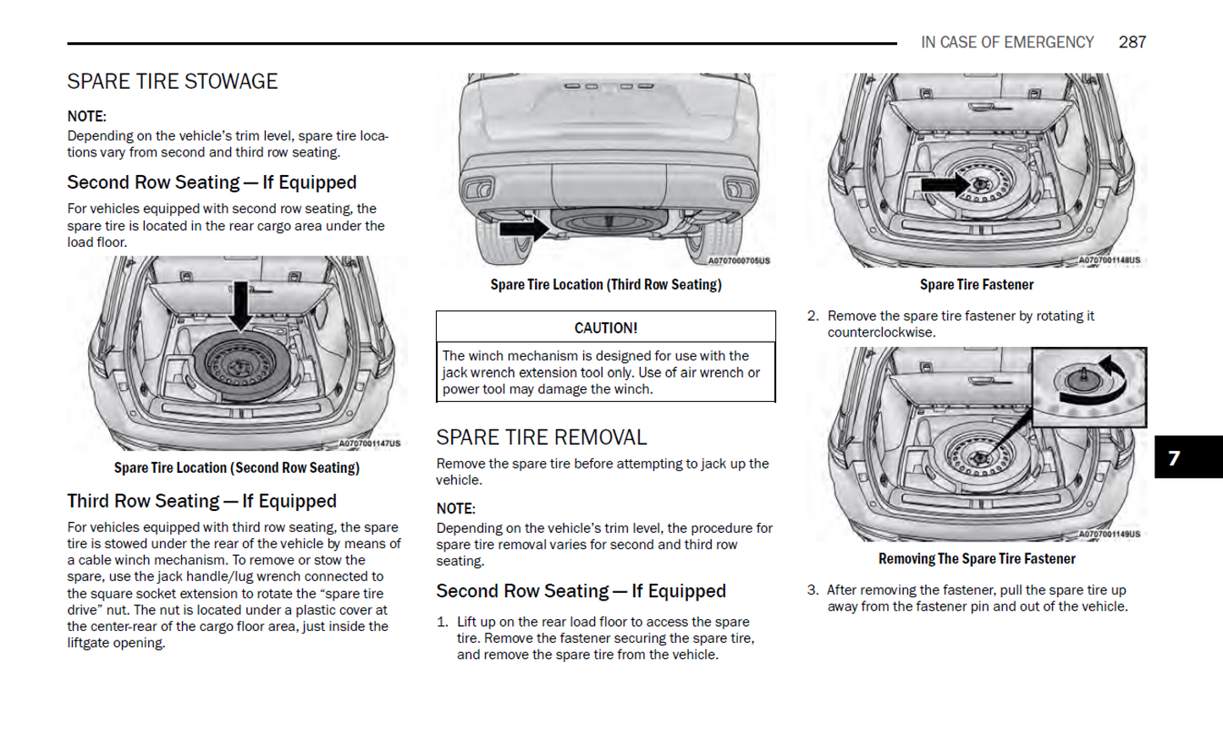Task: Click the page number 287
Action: click(x=1132, y=42)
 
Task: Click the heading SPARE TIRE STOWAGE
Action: click(x=173, y=81)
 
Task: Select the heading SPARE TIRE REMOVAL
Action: click(x=541, y=437)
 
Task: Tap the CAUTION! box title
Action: click(x=606, y=328)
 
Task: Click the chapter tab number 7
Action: click(x=1174, y=458)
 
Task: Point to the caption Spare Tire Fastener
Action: click(x=977, y=285)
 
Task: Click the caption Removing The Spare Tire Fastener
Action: click(x=977, y=559)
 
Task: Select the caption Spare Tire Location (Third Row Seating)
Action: click(x=606, y=285)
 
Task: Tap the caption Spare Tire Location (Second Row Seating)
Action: click(x=237, y=468)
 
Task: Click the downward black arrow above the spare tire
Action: click(x=241, y=305)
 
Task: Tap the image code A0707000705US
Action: click(x=739, y=261)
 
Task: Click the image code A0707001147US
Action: click(x=369, y=443)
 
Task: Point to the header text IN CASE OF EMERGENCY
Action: click(x=1007, y=42)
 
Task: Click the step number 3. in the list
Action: click(x=813, y=590)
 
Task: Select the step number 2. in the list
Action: click(x=813, y=316)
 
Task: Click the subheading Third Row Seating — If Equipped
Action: click(x=201, y=501)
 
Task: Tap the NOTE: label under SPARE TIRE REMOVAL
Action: click(x=455, y=508)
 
